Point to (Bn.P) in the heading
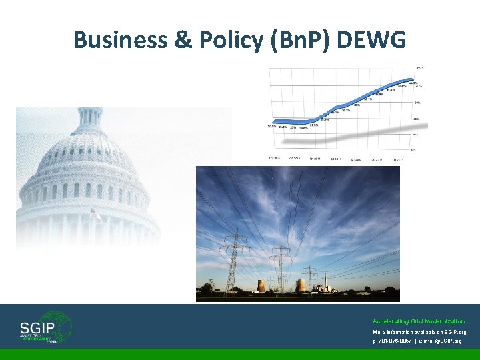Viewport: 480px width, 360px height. point(303,40)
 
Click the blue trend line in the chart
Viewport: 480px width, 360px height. point(333,113)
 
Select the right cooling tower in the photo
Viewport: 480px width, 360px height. point(300,285)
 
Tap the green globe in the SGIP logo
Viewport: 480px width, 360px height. point(60,327)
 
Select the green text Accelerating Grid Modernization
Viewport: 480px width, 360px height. point(419,321)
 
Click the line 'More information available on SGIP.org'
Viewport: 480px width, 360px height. point(419,331)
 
